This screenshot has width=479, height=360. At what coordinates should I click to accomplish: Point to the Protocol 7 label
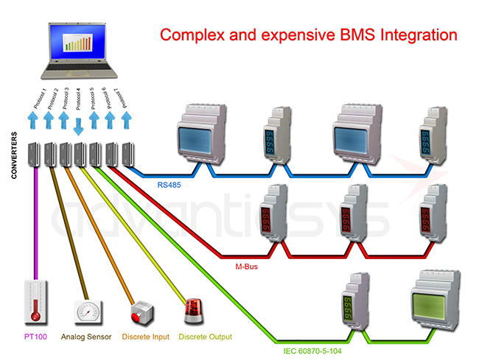(x=125, y=98)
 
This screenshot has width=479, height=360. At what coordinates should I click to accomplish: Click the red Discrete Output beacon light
(x=194, y=309)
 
